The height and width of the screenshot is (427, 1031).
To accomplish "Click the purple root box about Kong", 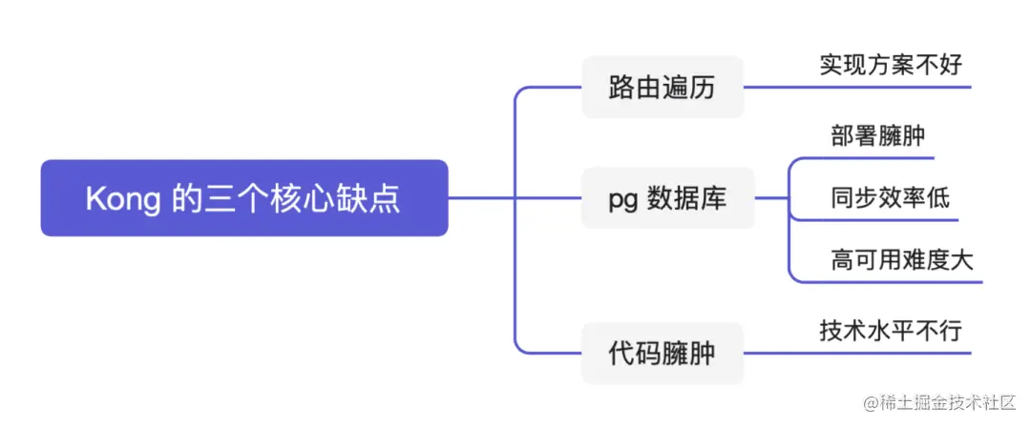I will coord(243,198).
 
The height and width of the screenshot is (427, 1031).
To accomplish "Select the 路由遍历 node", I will coord(662,88).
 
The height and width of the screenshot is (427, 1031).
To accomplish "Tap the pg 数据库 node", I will coord(667,198).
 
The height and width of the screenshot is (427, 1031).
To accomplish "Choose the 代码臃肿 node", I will coord(662,354).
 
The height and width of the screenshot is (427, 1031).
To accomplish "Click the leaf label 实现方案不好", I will coord(891,65).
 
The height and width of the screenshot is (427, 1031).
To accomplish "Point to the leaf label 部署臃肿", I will coord(877,135).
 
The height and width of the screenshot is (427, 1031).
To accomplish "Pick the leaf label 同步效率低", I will coord(890,197).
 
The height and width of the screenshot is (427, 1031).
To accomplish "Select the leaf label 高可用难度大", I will coord(901,259).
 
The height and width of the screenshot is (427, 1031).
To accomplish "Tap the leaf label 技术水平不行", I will coord(891,331).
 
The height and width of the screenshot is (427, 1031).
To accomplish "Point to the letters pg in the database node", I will coord(622,199).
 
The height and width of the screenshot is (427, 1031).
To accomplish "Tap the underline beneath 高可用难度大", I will coord(902,282).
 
